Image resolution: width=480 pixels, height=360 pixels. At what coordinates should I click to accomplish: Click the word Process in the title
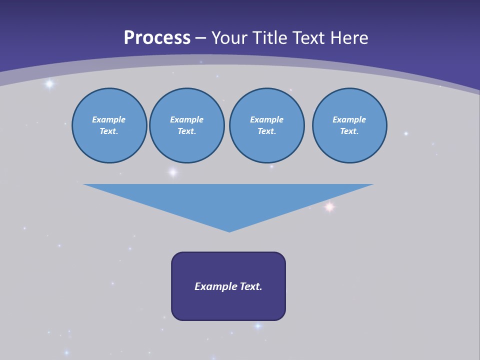point(157,38)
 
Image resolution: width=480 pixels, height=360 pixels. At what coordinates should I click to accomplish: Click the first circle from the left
point(109,125)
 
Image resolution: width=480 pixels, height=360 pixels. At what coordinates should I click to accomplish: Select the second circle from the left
point(186,125)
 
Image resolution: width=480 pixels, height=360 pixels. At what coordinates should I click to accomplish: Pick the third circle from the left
point(266,125)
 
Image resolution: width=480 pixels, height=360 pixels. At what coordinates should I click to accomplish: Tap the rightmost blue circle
point(349,125)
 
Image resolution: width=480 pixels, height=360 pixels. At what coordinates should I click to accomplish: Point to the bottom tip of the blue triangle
point(229,231)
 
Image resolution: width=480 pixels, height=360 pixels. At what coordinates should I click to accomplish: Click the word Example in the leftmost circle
point(109,119)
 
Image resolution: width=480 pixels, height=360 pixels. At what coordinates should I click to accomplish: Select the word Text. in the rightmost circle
point(349,131)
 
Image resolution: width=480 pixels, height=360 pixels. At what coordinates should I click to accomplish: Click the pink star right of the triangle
point(329,206)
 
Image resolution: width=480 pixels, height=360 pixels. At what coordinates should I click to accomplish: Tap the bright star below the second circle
point(172,172)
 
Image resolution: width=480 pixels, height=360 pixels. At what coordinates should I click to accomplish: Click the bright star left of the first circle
point(49,84)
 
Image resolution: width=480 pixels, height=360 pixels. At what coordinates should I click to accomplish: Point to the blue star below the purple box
point(258,326)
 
